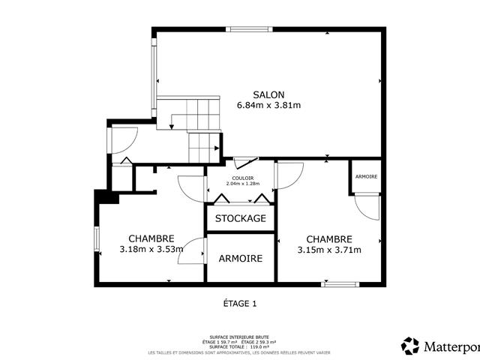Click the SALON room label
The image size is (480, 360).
268,94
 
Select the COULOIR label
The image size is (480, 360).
242,178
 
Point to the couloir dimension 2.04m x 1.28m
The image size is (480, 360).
242,184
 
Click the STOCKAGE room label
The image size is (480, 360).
241,218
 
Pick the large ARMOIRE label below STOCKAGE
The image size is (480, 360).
241,258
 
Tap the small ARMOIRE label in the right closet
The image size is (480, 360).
367,176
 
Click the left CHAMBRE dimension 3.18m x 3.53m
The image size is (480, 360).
151,250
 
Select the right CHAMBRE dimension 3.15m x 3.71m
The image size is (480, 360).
329,250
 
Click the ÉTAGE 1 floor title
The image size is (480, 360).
239,304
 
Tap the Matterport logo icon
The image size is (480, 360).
410,346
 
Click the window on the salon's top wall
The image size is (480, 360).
251,30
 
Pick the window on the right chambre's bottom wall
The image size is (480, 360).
340,283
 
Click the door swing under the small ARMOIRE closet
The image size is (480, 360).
367,205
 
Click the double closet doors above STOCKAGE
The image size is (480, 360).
241,198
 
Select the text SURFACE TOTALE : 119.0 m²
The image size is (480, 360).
239,346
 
